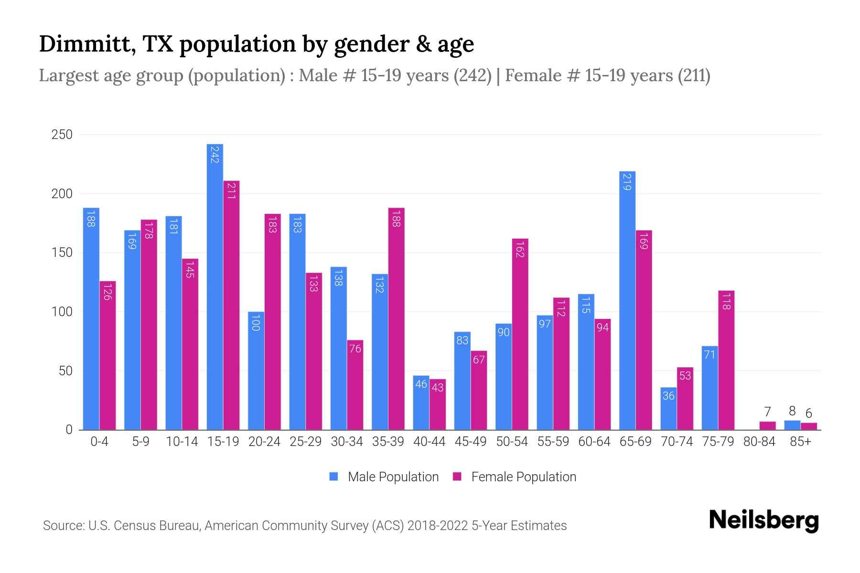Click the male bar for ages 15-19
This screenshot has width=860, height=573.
pyautogui.click(x=215, y=286)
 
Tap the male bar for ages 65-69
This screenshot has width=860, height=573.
pyautogui.click(x=627, y=300)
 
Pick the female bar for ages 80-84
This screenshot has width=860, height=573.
pyautogui.click(x=767, y=425)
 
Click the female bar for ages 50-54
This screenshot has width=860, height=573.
pyautogui.click(x=520, y=334)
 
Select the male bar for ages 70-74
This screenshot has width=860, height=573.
pyautogui.click(x=668, y=408)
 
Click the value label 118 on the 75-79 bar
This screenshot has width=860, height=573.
pyautogui.click(x=726, y=302)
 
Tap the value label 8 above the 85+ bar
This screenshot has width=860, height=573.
pyautogui.click(x=792, y=411)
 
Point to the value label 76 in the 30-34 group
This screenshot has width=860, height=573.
pyautogui.click(x=355, y=349)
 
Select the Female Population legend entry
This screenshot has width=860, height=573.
pyautogui.click(x=515, y=477)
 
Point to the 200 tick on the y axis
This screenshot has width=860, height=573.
pyautogui.click(x=62, y=194)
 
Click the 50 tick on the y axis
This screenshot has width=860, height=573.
pyautogui.click(x=65, y=371)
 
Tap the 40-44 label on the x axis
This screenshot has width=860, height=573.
pyautogui.click(x=429, y=442)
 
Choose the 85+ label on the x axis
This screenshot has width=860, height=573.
pyautogui.click(x=800, y=442)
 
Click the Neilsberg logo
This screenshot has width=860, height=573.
pyautogui.click(x=763, y=520)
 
